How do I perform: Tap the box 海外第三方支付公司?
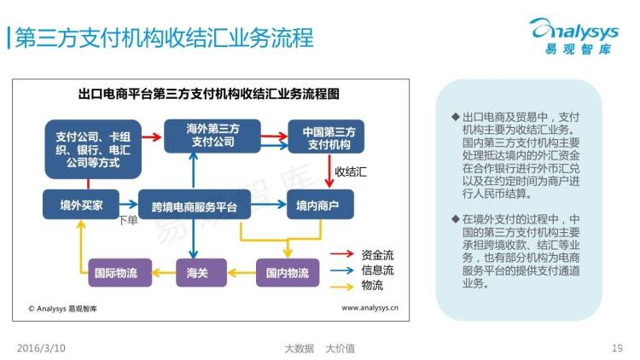tap(212, 136)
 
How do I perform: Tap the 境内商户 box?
tap(317, 205)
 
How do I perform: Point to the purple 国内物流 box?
tap(287, 273)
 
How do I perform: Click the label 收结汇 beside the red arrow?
tap(350, 171)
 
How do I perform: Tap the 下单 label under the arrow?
tap(127, 222)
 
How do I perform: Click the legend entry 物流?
tap(372, 285)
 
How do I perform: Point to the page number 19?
tap(618, 348)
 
